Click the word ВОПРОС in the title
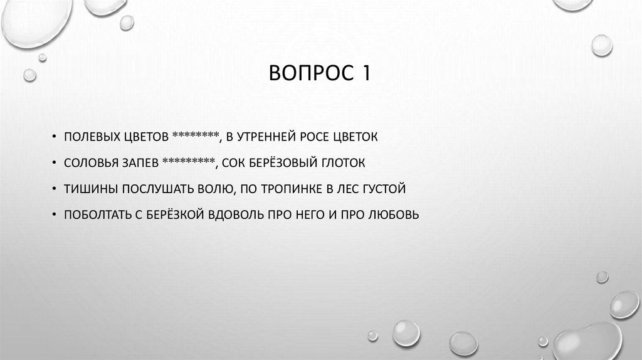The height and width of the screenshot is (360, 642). point(308,75)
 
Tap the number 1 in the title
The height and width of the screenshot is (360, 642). point(364,75)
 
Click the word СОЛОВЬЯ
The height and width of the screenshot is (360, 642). point(88,163)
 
